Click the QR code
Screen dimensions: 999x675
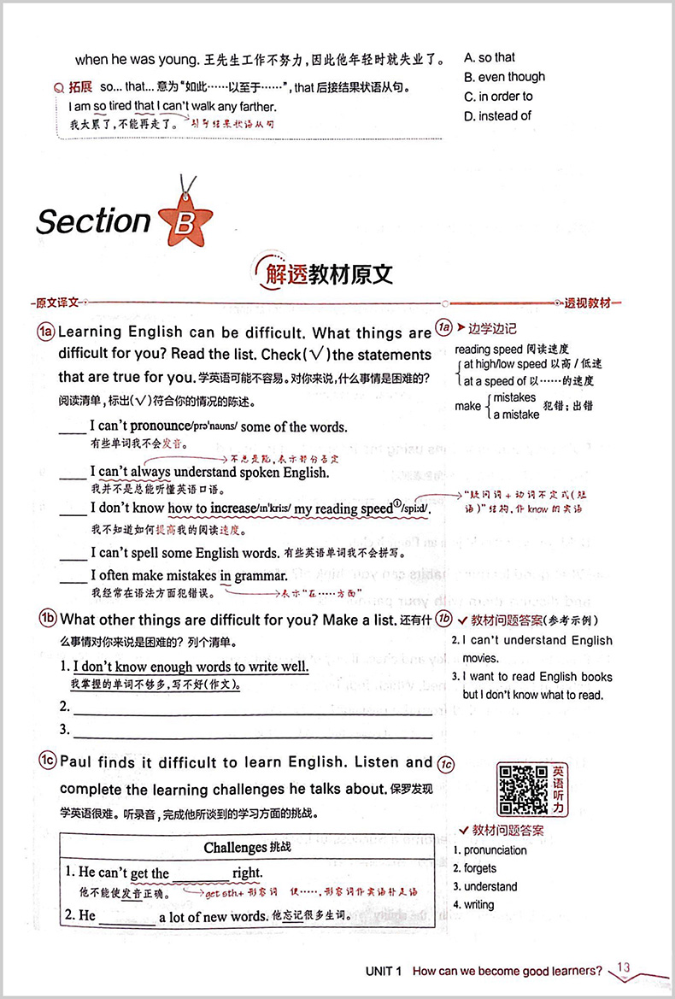pos(522,788)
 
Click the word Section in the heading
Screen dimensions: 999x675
pos(93,221)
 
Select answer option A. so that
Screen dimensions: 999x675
pos(490,57)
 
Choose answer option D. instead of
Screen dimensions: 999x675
pos(497,115)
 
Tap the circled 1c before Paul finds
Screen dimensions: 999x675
pos(47,762)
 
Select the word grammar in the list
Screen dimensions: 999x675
pos(260,576)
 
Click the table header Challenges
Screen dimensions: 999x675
pos(236,847)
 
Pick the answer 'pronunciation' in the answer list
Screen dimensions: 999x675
pos(495,850)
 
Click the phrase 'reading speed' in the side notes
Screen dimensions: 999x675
pos(485,349)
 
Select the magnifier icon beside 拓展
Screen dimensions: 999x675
pos(59,87)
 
